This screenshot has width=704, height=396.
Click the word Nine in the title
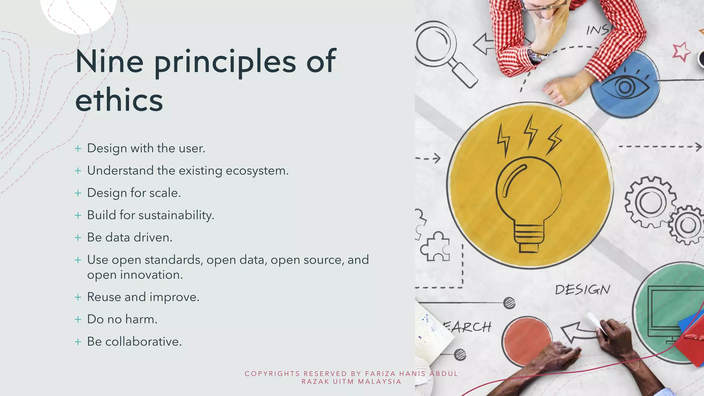[x=109, y=62]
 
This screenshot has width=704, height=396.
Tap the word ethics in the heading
[x=119, y=100]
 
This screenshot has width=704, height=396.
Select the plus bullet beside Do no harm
[x=78, y=319]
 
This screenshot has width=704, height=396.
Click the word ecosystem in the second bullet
[x=257, y=171]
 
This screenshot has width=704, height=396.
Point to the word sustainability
[x=176, y=216]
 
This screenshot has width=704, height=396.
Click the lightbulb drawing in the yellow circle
[x=529, y=203]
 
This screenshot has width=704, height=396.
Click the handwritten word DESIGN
[x=583, y=290]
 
